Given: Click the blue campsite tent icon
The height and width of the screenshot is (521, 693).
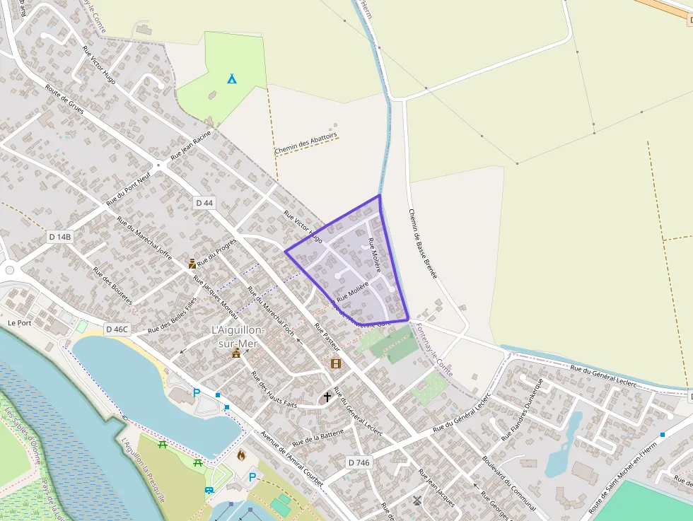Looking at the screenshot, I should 232,78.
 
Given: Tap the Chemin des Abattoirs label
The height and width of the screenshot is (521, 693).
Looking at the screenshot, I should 306,144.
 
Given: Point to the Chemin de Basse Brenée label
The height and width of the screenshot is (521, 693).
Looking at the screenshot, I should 423,244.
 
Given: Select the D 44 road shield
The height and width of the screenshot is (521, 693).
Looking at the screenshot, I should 204,203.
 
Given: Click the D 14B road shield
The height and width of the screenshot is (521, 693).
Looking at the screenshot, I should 60,236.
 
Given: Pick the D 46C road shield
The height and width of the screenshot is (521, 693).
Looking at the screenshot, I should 117,329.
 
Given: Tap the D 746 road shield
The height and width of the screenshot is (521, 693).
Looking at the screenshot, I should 359,462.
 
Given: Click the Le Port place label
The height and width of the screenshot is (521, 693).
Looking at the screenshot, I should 21,322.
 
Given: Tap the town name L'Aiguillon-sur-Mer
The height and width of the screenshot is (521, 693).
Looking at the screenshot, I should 238,336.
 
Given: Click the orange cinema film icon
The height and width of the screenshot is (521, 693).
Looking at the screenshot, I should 335,363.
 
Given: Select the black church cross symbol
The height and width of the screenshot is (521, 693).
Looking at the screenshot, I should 327,397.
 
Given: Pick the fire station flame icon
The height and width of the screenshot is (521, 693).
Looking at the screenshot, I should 241,454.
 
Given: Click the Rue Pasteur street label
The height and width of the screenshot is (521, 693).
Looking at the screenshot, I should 327,338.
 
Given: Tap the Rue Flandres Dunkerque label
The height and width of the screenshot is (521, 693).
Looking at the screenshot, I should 521,409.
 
